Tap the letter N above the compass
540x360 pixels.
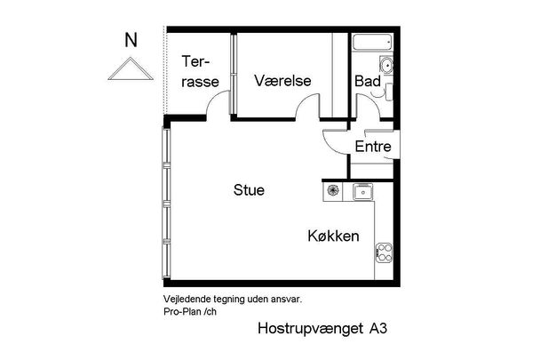click(x=131, y=40)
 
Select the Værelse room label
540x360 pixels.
click(x=282, y=81)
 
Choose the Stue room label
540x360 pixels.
click(x=249, y=189)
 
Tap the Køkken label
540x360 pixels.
click(x=333, y=236)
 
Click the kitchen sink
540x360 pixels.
click(x=361, y=190)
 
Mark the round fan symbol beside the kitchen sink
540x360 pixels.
click(x=334, y=190)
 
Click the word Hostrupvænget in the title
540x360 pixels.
click(x=308, y=328)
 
